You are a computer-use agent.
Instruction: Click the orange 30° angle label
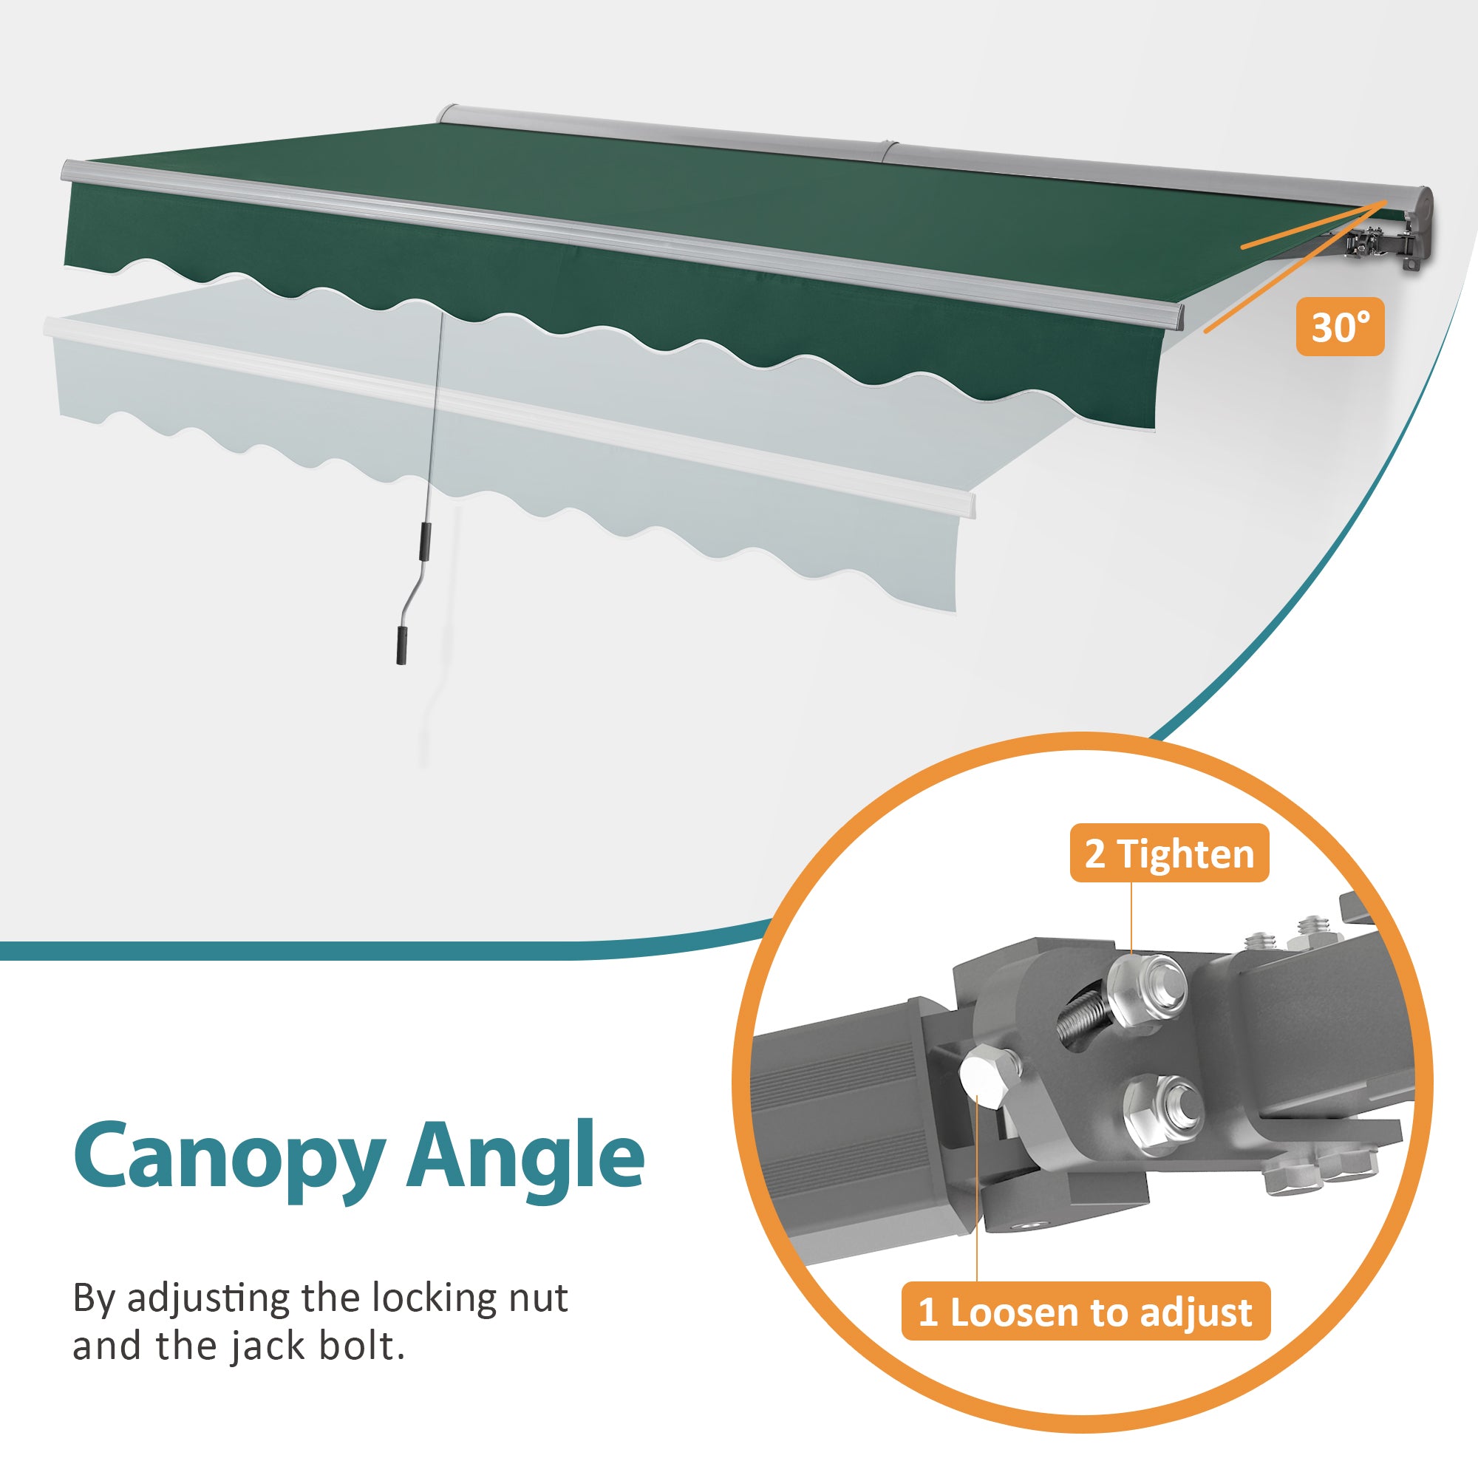[1340, 327]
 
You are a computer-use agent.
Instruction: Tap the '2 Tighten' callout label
[1169, 854]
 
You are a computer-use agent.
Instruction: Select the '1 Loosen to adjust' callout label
[1086, 1311]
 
